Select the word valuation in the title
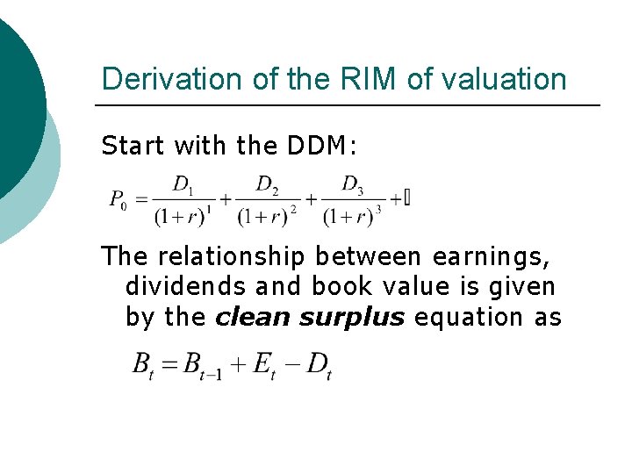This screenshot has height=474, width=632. [x=505, y=79]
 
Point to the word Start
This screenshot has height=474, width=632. [x=132, y=145]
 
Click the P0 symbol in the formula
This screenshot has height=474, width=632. [x=118, y=200]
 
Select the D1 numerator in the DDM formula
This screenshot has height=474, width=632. [x=183, y=184]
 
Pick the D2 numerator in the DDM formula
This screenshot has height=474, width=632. [x=267, y=184]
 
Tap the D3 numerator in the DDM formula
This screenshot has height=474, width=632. [x=352, y=184]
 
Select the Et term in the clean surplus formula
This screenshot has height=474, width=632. [x=264, y=364]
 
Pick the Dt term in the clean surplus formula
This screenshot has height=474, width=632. [x=319, y=364]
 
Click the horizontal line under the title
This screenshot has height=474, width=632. [x=347, y=106]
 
